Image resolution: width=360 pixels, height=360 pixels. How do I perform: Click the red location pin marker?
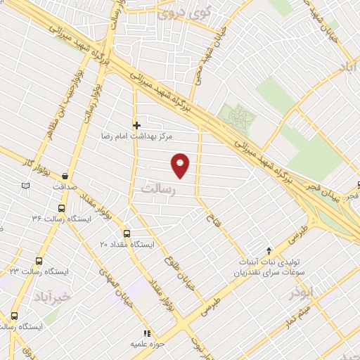(x=181, y=165)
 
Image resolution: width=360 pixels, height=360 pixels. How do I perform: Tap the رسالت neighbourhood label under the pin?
(x=157, y=189)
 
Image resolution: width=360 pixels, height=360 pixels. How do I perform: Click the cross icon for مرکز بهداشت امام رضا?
(x=136, y=125)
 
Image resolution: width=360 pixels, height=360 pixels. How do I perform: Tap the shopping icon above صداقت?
(x=65, y=176)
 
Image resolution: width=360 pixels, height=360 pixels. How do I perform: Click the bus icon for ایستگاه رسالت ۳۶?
(x=62, y=208)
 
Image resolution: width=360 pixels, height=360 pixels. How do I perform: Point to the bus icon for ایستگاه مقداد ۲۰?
(x=127, y=233)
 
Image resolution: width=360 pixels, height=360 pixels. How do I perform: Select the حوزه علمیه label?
(x=147, y=345)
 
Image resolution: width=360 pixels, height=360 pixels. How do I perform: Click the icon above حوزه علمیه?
(x=147, y=333)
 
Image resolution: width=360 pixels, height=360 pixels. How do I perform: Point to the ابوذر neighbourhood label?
(x=314, y=291)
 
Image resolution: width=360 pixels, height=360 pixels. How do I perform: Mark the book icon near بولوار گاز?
(x=26, y=186)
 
